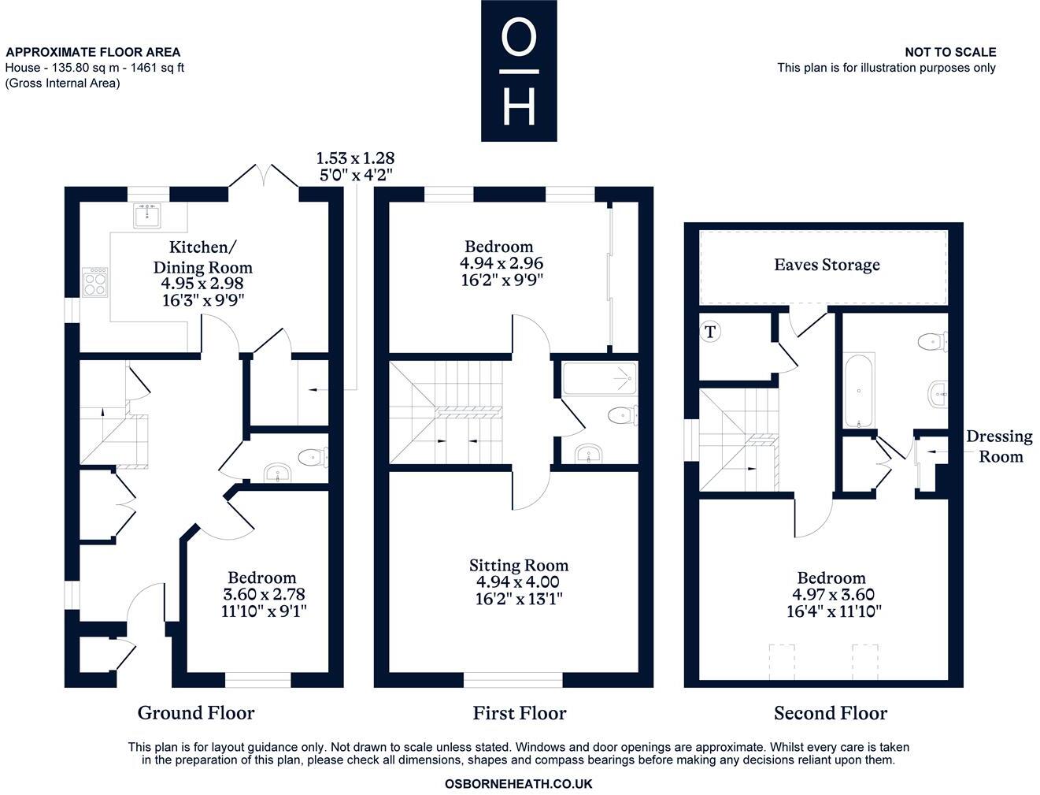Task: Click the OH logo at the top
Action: point(519,71)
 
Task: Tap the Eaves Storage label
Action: point(827,265)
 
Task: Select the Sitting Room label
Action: point(518,565)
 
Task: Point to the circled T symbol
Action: point(710,332)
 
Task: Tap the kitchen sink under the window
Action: point(147,216)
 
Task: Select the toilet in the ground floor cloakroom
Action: point(313,455)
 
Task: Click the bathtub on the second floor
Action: point(858,390)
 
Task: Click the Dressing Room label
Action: point(999,446)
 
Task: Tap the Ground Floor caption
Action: point(196,713)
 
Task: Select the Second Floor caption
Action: point(830,713)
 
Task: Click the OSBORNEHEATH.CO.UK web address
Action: point(518,784)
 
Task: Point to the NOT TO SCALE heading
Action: point(949,52)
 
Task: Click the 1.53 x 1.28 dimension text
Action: point(355,158)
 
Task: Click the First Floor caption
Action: point(519,713)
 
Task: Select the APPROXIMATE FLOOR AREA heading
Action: point(93,53)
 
